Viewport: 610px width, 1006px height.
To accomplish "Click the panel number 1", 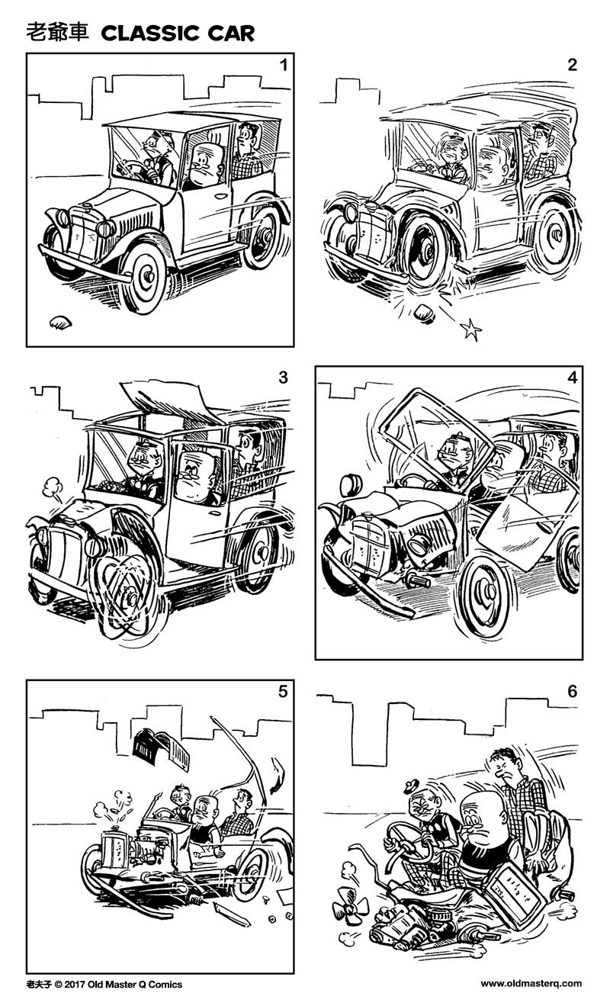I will tap(283, 65).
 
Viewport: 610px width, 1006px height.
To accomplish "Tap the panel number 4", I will tap(571, 378).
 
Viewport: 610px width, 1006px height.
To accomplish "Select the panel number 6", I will tap(572, 692).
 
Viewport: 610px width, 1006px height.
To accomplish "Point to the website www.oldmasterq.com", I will tap(531, 984).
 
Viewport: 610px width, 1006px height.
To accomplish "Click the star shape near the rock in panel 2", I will tap(471, 329).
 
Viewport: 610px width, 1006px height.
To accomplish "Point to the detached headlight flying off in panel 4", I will tap(352, 484).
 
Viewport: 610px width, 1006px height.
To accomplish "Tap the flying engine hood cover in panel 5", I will tap(161, 750).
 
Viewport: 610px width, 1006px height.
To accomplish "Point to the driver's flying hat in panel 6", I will tap(412, 786).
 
